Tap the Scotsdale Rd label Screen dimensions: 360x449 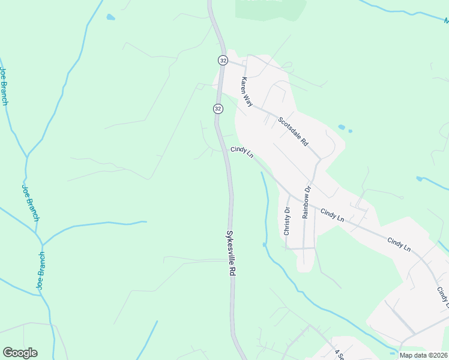click(x=293, y=131)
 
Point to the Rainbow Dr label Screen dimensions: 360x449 click(x=306, y=202)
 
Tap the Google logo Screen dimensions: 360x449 click(x=20, y=353)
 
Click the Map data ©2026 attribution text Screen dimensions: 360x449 click(x=423, y=355)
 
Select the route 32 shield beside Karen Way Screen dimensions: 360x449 click(x=223, y=60)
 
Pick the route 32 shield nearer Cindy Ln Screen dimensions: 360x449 click(x=218, y=109)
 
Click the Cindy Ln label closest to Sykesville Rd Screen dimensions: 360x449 click(x=242, y=152)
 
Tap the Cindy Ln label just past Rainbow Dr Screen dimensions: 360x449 click(x=332, y=215)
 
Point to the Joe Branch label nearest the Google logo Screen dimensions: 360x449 click(x=41, y=271)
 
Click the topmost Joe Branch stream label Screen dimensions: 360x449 click(x=4, y=86)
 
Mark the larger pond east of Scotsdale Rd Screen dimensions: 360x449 click(x=342, y=127)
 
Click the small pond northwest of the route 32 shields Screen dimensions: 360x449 click(x=110, y=17)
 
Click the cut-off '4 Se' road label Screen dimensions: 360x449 click(x=339, y=354)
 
